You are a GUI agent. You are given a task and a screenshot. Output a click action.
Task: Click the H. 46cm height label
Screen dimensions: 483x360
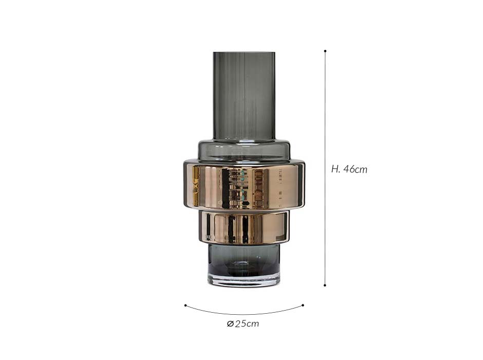click(349, 169)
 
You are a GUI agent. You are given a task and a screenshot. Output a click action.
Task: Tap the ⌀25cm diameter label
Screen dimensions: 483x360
click(243, 323)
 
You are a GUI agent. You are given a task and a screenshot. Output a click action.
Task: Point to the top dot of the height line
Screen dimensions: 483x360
click(325, 51)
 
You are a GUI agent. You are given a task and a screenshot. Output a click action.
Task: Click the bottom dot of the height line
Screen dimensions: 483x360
click(325, 285)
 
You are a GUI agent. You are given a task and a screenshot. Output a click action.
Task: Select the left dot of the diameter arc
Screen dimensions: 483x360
click(185, 305)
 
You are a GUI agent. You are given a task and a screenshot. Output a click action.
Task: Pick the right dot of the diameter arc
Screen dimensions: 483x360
click(303, 305)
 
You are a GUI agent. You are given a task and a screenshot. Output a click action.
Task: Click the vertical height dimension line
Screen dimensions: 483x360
click(325, 168)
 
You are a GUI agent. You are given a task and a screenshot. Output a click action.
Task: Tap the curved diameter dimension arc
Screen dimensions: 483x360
click(244, 314)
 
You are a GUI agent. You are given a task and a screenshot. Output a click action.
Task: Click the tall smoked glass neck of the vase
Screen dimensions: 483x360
click(244, 96)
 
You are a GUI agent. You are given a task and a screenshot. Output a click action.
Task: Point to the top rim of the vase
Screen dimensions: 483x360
click(244, 52)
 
